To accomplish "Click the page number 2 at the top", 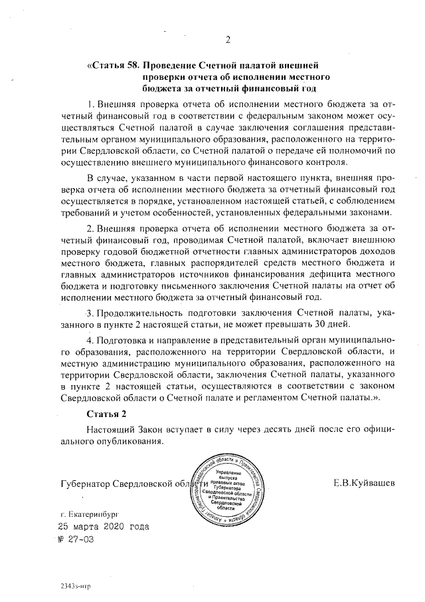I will click(x=226, y=40).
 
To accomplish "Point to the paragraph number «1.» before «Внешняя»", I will click(x=91, y=105).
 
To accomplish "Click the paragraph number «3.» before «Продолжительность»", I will click(x=91, y=312).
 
